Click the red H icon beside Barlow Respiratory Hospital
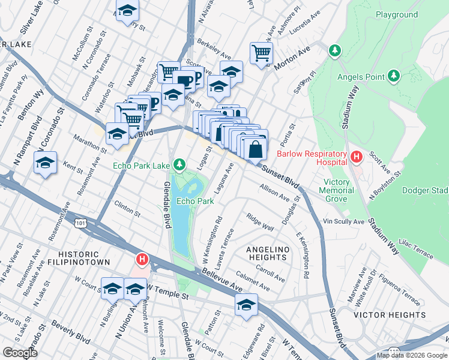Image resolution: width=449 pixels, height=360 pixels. click(357, 158)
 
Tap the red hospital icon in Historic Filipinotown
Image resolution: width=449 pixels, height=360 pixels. click(142, 260)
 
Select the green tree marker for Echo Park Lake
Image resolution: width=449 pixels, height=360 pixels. click(179, 164)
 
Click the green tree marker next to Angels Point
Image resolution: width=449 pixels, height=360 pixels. click(393, 76)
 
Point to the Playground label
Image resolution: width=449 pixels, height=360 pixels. click(396, 14)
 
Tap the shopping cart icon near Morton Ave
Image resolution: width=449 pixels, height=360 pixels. click(261, 53)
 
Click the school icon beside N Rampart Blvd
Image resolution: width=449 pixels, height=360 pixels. click(45, 163)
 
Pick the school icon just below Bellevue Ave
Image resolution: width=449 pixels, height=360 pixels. click(246, 305)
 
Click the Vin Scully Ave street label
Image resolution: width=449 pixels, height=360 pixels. click(343, 222)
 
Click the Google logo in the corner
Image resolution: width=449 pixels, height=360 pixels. click(20, 353)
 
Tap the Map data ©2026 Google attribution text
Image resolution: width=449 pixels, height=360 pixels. click(411, 355)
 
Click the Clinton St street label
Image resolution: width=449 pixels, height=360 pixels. click(127, 210)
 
